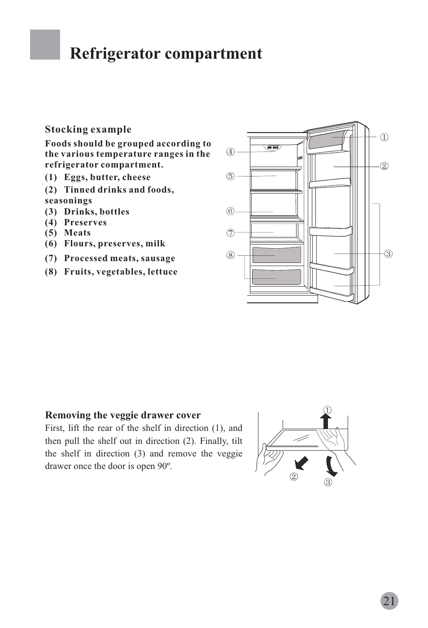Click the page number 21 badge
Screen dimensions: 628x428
pyautogui.click(x=389, y=601)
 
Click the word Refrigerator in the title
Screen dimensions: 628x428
pyautogui.click(x=114, y=54)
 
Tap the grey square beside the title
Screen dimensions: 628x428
pyautogui.click(x=45, y=45)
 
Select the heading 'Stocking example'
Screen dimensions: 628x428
pyautogui.click(x=88, y=129)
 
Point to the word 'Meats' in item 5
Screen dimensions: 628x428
pyautogui.click(x=77, y=233)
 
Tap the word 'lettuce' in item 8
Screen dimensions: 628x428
pyautogui.click(x=162, y=272)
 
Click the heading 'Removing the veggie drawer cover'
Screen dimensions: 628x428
pyautogui.click(x=123, y=415)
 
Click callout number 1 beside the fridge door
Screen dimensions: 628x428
pyautogui.click(x=384, y=137)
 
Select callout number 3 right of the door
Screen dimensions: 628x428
pyautogui.click(x=389, y=254)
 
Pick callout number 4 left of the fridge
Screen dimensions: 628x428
pyautogui.click(x=230, y=152)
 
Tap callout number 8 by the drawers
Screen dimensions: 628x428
pyautogui.click(x=230, y=255)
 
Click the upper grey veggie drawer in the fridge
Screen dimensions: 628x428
pyautogui.click(x=276, y=254)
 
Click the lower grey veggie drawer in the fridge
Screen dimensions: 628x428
pyautogui.click(x=276, y=277)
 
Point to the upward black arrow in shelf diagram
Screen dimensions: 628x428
pyautogui.click(x=327, y=422)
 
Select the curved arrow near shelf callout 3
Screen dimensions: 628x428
pyautogui.click(x=331, y=466)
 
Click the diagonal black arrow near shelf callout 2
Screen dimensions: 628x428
pyautogui.click(x=301, y=464)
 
